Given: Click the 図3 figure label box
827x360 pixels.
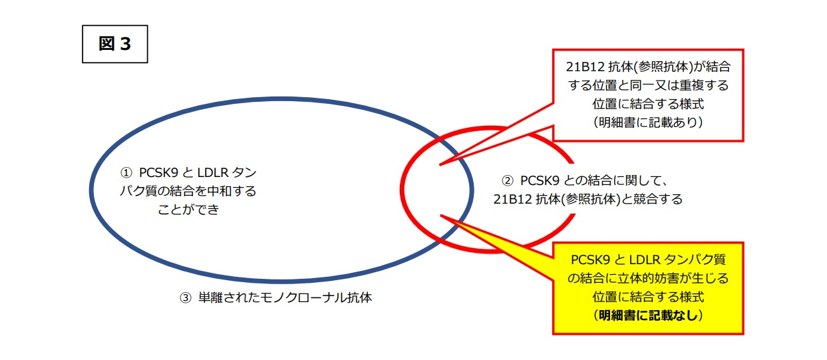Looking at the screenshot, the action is click(115, 44).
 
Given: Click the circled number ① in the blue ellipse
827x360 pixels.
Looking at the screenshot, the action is click(126, 172).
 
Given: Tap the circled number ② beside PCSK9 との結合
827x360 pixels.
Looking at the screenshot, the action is click(508, 180).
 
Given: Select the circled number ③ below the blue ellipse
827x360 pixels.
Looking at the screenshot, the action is click(186, 297).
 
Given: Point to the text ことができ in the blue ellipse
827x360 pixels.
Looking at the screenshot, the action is click(189, 210).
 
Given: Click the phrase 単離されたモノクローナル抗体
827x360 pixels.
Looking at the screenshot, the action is click(285, 297).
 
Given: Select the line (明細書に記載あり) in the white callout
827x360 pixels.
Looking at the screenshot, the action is click(648, 122).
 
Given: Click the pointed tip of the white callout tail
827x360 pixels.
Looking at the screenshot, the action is click(440, 164).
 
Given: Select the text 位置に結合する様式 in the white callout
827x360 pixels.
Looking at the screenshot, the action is click(648, 104).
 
